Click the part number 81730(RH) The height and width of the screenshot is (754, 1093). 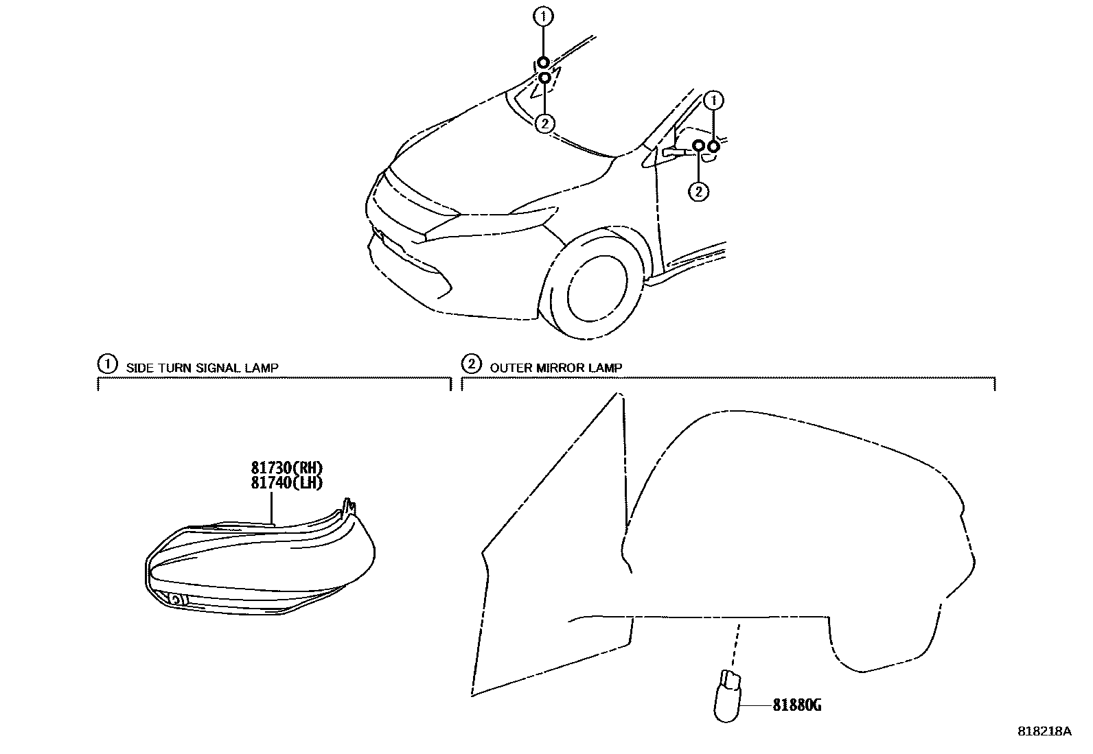[286, 468]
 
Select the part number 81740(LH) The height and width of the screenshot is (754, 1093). [286, 482]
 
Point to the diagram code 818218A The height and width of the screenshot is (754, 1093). [1044, 731]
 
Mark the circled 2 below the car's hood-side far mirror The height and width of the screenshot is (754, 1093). [544, 123]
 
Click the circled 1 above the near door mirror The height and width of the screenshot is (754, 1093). [714, 102]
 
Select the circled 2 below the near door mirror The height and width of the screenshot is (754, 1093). [698, 191]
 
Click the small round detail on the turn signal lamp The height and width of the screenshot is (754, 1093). [175, 600]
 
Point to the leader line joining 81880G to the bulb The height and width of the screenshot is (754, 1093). [755, 705]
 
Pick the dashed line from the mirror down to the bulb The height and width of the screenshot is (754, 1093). [736, 645]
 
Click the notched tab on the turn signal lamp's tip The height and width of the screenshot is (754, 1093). [350, 506]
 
